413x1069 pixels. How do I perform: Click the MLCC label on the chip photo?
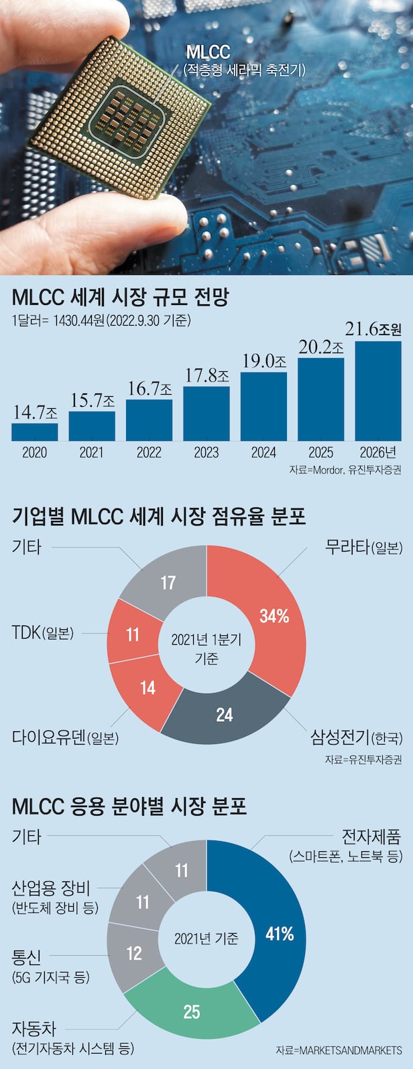click(x=208, y=52)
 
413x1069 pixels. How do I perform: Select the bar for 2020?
click(x=35, y=432)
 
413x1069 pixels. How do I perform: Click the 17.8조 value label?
click(x=206, y=375)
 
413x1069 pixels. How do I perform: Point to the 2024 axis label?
click(x=263, y=452)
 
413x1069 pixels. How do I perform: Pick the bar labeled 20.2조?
click(x=320, y=399)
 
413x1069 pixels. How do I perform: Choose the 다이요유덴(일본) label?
click(x=65, y=738)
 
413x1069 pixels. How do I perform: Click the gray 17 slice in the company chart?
click(x=167, y=582)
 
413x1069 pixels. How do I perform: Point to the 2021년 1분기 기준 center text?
click(x=206, y=648)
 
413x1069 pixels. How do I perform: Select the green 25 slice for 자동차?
click(x=192, y=1011)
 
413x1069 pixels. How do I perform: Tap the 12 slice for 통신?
click(x=134, y=952)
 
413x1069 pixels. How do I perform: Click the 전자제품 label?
click(x=371, y=836)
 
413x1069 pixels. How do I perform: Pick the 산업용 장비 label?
click(x=51, y=889)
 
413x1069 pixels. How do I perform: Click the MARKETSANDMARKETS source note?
click(x=339, y=1050)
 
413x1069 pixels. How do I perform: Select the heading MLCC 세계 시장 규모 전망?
click(x=121, y=297)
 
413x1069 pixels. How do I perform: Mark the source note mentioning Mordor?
click(x=345, y=470)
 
